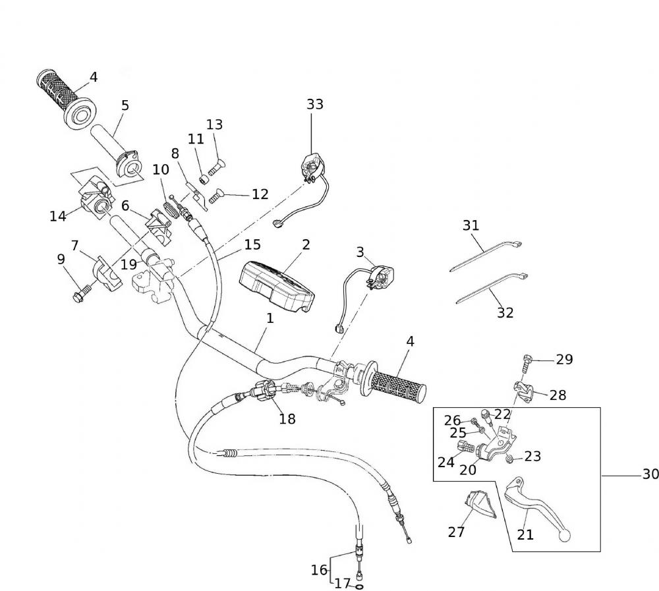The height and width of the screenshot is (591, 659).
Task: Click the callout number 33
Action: (315, 104)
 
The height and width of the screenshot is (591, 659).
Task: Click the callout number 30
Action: (650, 474)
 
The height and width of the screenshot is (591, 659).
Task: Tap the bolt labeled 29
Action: (527, 360)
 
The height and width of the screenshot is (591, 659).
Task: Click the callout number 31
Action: (471, 225)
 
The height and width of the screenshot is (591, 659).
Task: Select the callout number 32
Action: (505, 313)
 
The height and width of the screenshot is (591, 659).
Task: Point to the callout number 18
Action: (287, 418)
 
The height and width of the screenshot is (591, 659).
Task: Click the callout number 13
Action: (214, 125)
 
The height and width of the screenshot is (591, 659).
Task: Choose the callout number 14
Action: (58, 216)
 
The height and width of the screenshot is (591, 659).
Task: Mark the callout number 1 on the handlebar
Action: (270, 318)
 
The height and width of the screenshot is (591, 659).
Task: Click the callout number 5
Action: (125, 105)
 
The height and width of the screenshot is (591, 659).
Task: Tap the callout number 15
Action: (252, 244)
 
